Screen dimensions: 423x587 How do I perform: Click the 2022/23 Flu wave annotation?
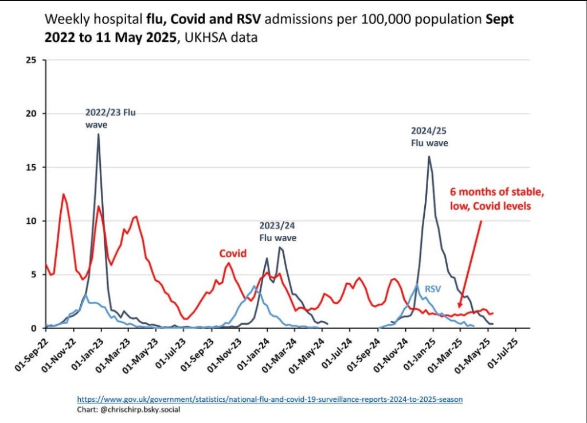111,118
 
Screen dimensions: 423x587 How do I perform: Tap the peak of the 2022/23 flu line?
99,134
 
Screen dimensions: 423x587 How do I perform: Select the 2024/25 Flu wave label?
429,137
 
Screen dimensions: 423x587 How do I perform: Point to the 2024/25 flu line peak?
429,157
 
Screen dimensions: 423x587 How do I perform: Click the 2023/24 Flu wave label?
278,231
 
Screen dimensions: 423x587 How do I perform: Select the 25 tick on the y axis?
32,60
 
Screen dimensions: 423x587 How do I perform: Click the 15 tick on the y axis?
32,167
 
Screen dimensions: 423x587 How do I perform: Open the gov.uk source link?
269,398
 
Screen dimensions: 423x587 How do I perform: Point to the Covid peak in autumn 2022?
64,195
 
